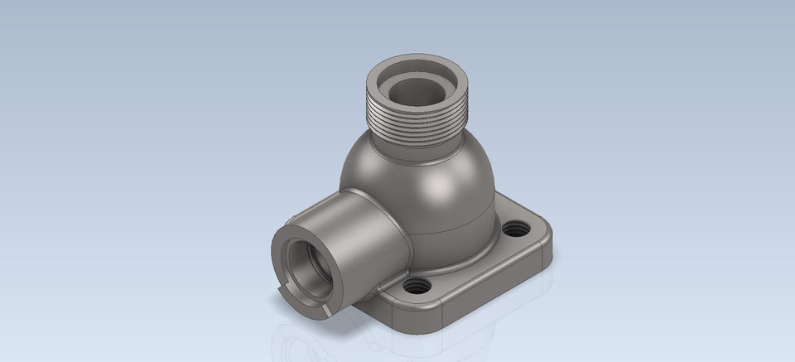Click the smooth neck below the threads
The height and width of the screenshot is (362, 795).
(422, 147)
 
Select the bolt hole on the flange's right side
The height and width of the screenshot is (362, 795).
(520, 226)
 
